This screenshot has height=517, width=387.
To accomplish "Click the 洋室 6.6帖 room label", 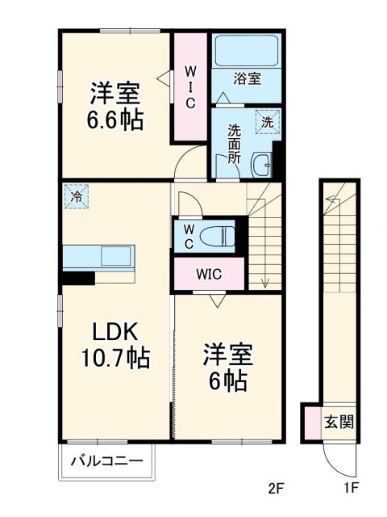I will [x=116, y=107].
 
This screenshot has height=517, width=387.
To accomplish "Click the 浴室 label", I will [x=246, y=78].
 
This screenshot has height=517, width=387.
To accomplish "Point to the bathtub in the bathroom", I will [x=246, y=50].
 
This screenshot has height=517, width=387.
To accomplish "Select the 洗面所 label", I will [x=234, y=143].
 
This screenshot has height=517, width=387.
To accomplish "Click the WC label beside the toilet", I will [x=187, y=236].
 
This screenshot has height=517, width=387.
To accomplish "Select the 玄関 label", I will [x=339, y=422].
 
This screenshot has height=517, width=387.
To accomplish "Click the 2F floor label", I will [x=277, y=488].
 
